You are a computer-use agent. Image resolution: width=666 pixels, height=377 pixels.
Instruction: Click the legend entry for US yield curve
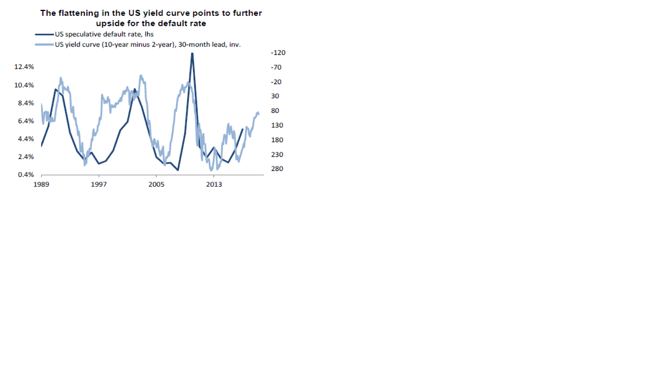[x=147, y=45]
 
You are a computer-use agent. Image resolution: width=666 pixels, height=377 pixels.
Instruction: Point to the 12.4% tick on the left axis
[x=24, y=67]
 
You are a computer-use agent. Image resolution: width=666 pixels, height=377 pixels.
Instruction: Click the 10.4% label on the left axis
[x=24, y=85]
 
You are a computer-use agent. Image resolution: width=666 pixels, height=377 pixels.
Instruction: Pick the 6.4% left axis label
[x=26, y=121]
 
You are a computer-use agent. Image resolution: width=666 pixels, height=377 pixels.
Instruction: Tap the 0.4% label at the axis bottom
[x=26, y=175]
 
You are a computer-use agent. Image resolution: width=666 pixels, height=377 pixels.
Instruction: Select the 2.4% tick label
[x=26, y=157]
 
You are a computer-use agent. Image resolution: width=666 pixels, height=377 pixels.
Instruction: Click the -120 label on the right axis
[x=278, y=53]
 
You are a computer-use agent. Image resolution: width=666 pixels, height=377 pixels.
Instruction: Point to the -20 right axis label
[x=276, y=82]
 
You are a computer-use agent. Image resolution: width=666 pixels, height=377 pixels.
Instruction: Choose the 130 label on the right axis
[x=277, y=125]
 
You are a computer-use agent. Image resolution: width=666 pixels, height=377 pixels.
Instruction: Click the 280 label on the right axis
[x=277, y=169]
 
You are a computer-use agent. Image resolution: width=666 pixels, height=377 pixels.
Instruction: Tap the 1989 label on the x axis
[x=41, y=184]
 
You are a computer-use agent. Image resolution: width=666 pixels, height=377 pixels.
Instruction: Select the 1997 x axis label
[x=99, y=184]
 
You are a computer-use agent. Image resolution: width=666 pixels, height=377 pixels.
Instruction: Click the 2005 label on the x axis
[x=156, y=184]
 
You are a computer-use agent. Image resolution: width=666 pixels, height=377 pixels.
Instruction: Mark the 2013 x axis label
[x=214, y=184]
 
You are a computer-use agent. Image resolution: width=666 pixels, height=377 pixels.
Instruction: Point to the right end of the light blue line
[x=259, y=114]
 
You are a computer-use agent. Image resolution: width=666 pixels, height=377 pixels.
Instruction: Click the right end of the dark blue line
[x=242, y=129]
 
